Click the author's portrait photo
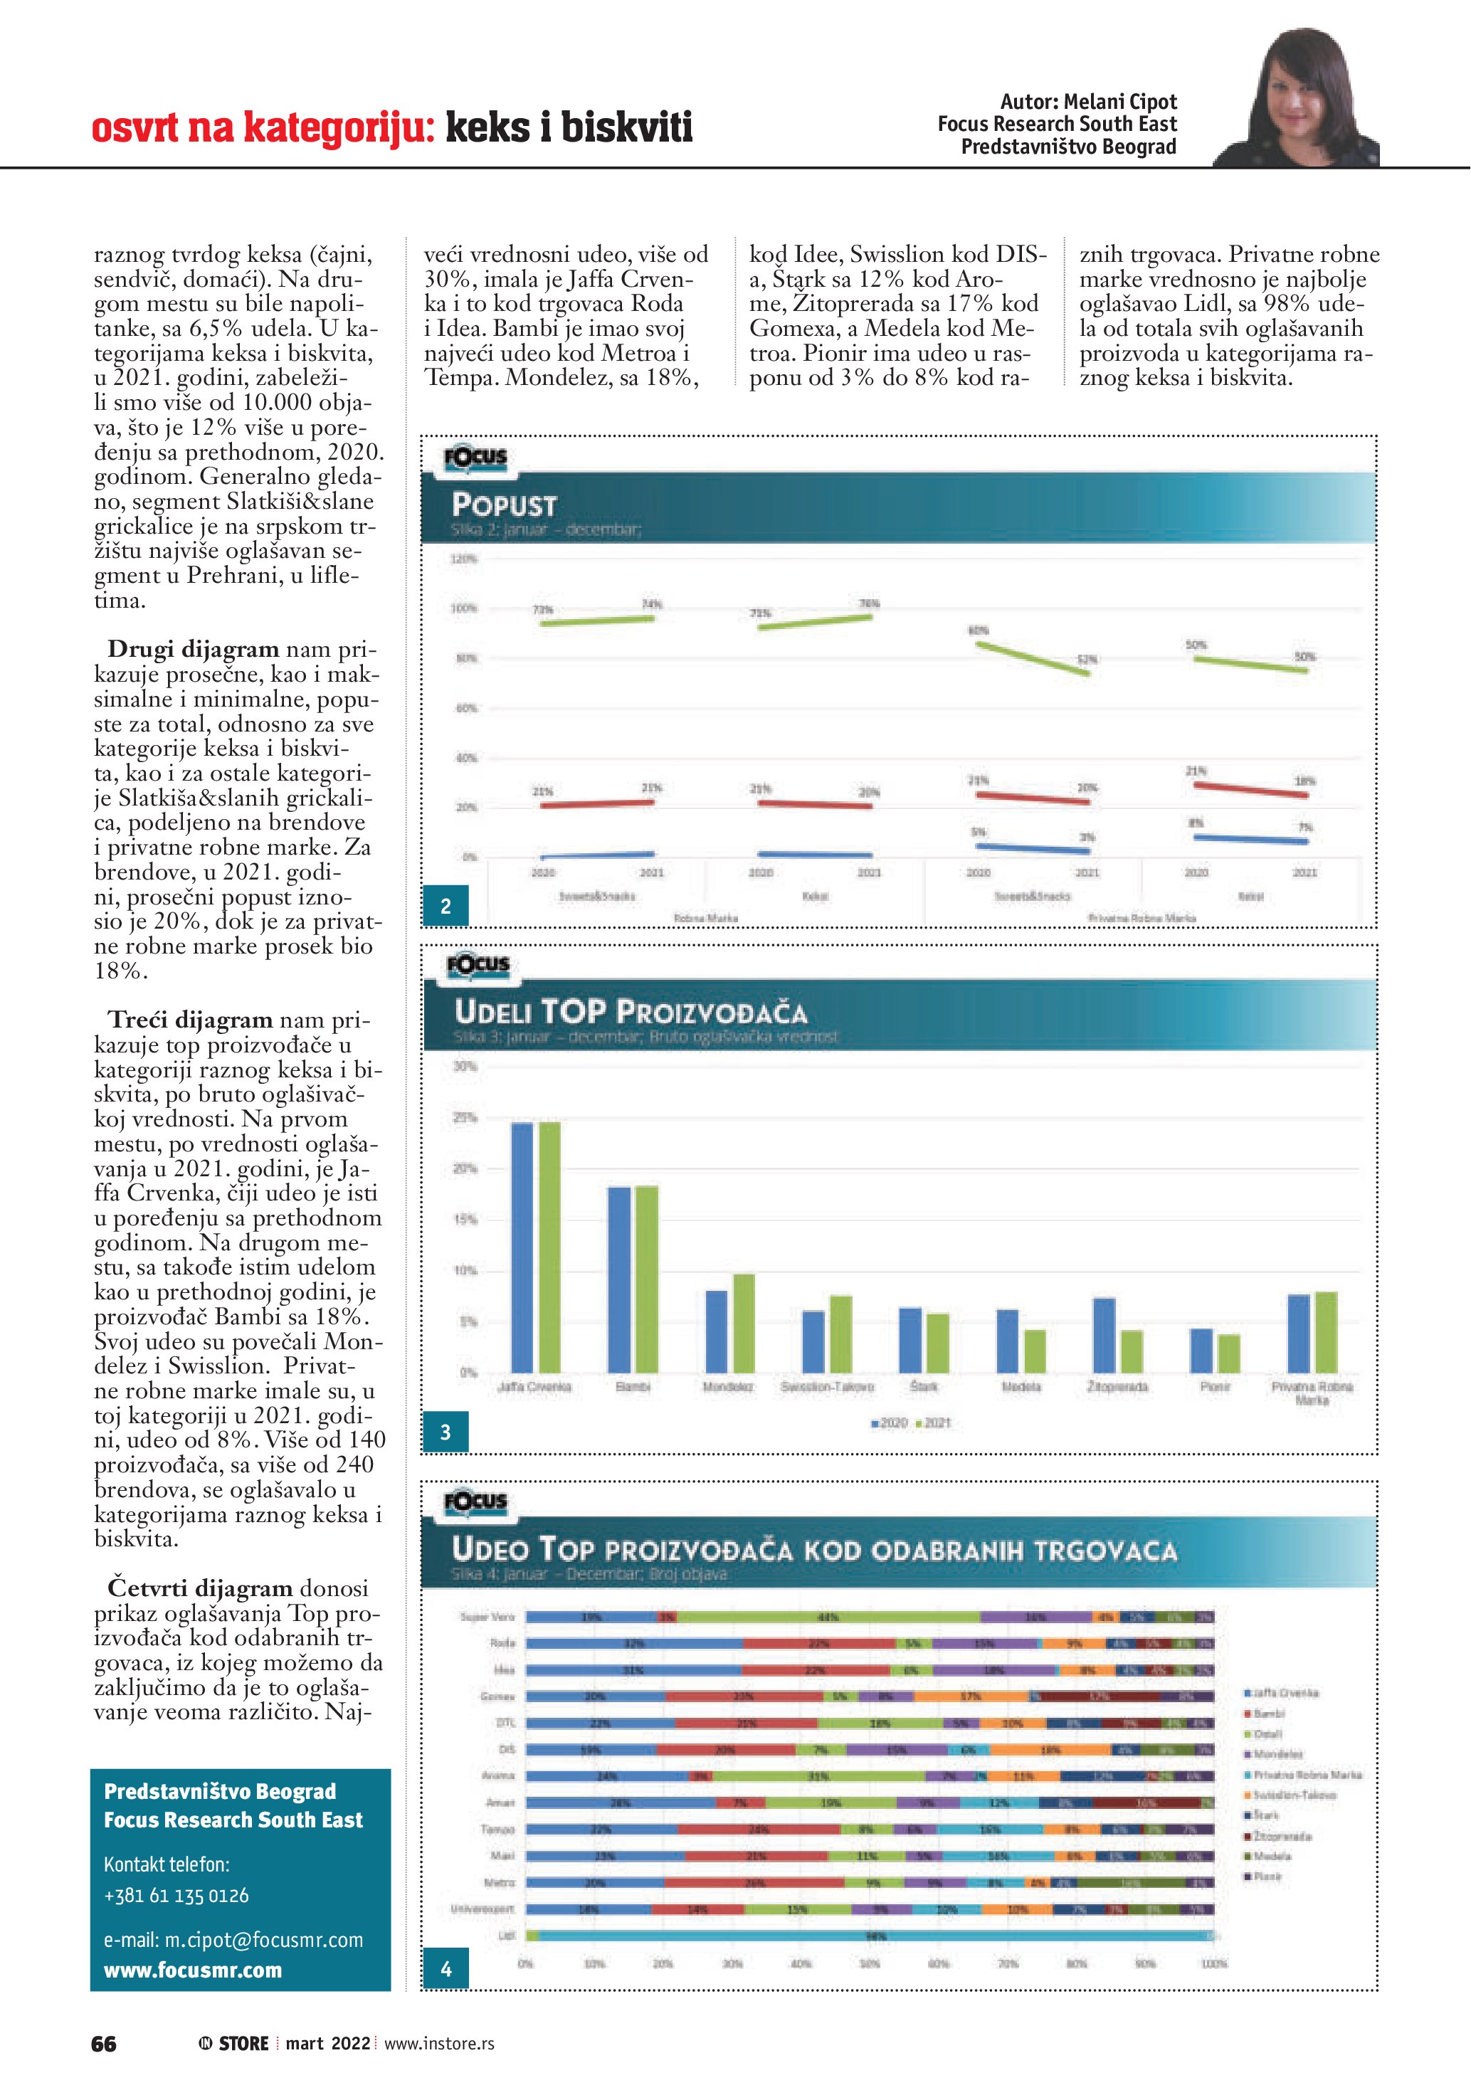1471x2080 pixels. (1304, 100)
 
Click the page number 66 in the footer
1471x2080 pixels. (104, 2044)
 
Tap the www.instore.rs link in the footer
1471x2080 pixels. (439, 2044)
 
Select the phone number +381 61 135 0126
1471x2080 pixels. (176, 1895)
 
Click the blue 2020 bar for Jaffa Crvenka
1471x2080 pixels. (522, 1247)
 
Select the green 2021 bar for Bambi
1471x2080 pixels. (647, 1279)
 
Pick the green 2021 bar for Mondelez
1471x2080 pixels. (744, 1324)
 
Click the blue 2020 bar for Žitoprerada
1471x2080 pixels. (1104, 1336)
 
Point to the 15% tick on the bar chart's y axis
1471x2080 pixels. (465, 1220)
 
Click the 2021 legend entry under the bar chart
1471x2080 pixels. (933, 1423)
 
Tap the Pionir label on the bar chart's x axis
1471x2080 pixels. (1215, 1387)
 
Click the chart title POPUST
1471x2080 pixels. (505, 505)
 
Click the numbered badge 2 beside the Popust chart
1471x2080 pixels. (445, 906)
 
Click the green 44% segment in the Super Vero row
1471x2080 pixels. (828, 1617)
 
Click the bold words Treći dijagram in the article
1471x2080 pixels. (190, 1020)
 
